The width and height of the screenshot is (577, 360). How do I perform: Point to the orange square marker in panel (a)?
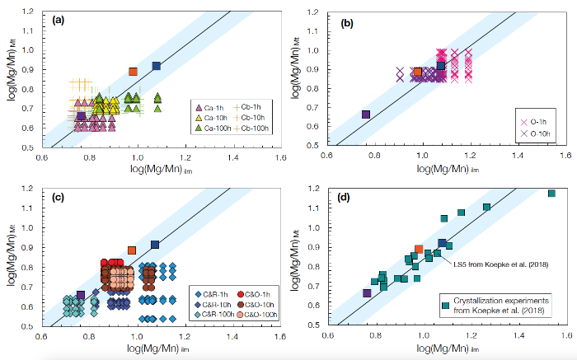click(133, 72)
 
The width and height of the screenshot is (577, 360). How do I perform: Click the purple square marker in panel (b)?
click(365, 115)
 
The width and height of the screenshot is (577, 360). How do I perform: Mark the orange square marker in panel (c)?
click(132, 250)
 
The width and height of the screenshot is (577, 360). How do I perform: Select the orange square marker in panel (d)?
click(419, 249)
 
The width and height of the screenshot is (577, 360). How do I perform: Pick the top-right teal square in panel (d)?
click(551, 194)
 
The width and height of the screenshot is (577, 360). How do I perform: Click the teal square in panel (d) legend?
click(446, 305)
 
